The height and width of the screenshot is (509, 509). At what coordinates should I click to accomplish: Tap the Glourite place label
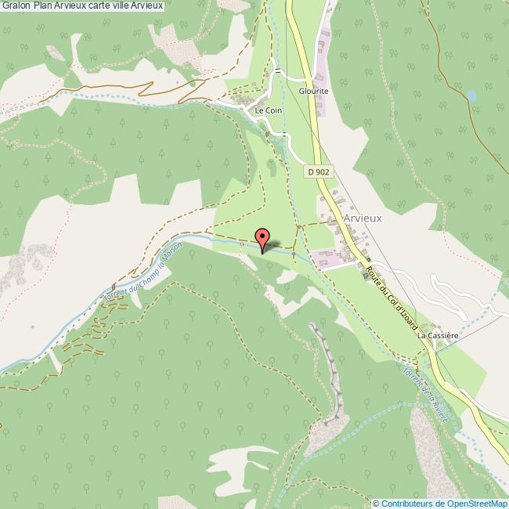(312, 90)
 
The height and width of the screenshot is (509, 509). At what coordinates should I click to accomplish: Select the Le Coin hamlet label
(268, 111)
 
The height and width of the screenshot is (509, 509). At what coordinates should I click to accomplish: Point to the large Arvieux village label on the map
(362, 218)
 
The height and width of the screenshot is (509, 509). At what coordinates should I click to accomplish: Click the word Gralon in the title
(16, 6)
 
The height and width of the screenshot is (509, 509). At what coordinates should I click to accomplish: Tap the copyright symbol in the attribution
(375, 504)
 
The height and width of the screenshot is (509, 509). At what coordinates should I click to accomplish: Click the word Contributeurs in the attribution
(406, 504)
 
